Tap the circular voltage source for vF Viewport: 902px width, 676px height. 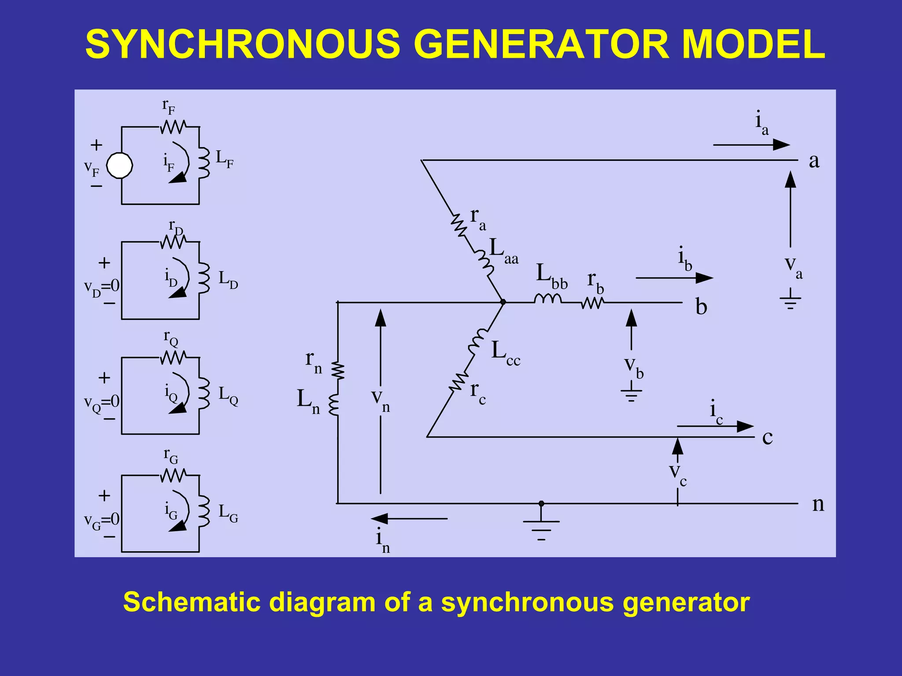pyautogui.click(x=120, y=166)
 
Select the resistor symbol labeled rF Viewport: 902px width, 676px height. pyautogui.click(x=173, y=127)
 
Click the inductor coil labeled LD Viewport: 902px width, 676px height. pyautogui.click(x=203, y=279)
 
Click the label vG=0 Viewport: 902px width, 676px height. pyautogui.click(x=102, y=520)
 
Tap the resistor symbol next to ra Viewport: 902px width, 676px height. pyautogui.click(x=458, y=225)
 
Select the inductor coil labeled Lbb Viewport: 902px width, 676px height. pyautogui.click(x=547, y=299)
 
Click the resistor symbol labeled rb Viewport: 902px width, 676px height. pyautogui.click(x=592, y=303)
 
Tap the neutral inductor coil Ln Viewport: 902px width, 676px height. pyautogui.click(x=334, y=405)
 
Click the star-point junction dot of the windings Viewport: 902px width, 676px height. pyautogui.click(x=503, y=302)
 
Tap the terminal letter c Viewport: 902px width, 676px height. pyautogui.click(x=767, y=438)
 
